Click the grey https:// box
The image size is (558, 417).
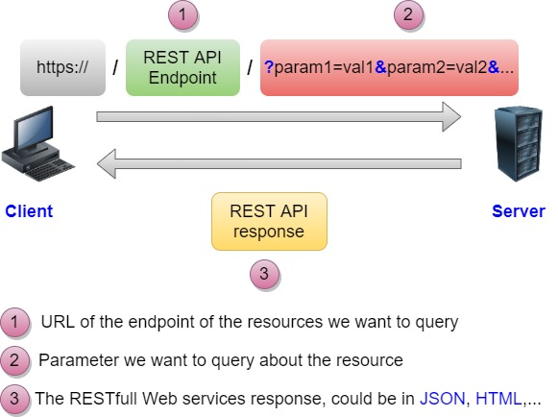pos(62,68)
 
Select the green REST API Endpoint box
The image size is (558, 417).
pos(182,68)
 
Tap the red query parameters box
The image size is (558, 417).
pos(389,68)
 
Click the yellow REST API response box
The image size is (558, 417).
pos(269,221)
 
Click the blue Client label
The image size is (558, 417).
pos(29,211)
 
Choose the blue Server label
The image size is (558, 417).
pos(518,211)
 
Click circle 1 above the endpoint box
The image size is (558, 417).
pos(182,15)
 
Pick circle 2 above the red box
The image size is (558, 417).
pos(408,15)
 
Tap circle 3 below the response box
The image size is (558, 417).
pos(266,275)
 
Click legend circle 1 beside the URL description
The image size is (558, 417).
pos(15,323)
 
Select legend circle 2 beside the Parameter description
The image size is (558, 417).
pos(15,361)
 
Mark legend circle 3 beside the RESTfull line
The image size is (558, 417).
pos(15,398)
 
